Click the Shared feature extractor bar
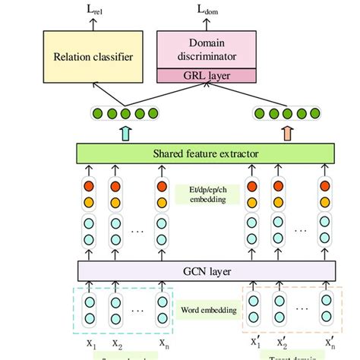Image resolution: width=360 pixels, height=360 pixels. pyautogui.click(x=205, y=154)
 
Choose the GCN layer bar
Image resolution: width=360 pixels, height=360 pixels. pyautogui.click(x=205, y=270)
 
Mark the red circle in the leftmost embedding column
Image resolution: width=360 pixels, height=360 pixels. pyautogui.click(x=90, y=187)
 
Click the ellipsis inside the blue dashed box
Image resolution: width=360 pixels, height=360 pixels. pyautogui.click(x=139, y=311)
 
